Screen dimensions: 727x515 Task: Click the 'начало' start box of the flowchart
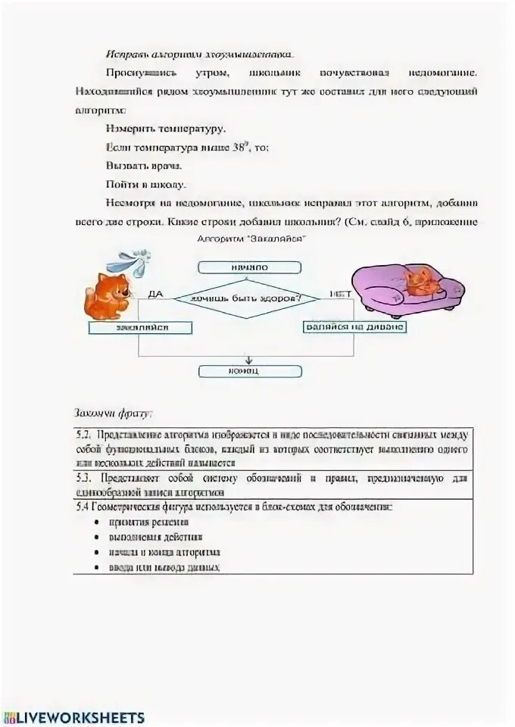click(249, 267)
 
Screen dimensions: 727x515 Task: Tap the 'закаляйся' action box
click(141, 327)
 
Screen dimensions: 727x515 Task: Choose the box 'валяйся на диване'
click(354, 327)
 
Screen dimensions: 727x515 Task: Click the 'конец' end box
click(249, 371)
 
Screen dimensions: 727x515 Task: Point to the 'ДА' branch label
click(156, 293)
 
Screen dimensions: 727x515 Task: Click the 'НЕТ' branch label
click(338, 293)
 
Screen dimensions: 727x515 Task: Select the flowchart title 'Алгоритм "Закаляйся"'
click(250, 237)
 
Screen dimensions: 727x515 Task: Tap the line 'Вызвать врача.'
click(144, 165)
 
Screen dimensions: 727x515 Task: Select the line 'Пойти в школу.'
click(145, 184)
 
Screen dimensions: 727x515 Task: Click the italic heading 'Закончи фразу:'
click(113, 413)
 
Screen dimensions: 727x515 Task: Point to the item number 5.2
click(84, 435)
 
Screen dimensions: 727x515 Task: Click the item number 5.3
click(84, 478)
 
